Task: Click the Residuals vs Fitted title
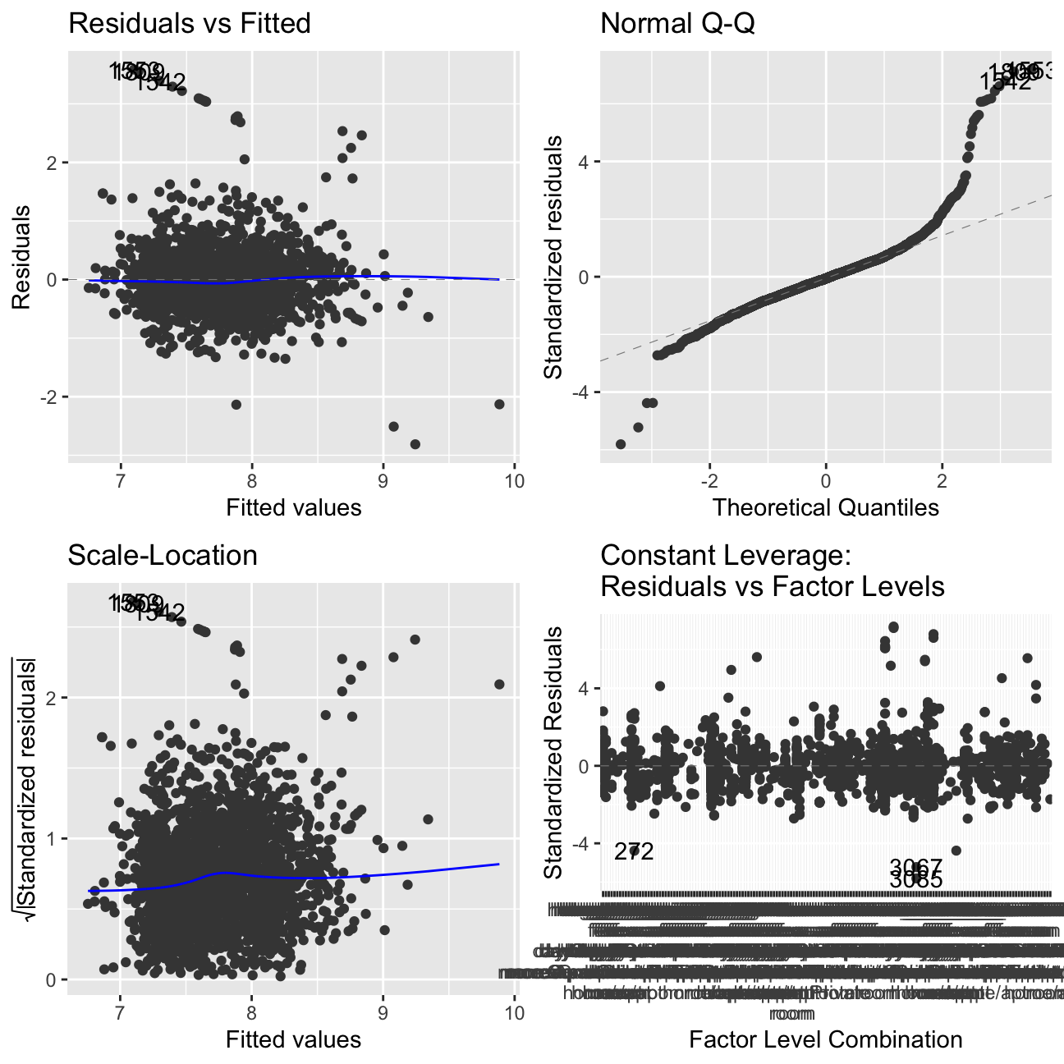click(x=190, y=24)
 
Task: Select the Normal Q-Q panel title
click(x=677, y=24)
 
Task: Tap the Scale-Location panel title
click(x=163, y=556)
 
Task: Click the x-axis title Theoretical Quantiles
click(x=825, y=507)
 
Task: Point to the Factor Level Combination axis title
click(x=825, y=1040)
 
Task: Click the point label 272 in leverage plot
click(x=635, y=852)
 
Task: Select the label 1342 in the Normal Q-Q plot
click(x=1005, y=82)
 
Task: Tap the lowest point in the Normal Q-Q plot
click(x=621, y=444)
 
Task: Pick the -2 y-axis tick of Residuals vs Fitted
click(x=51, y=397)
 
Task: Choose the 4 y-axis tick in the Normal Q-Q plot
click(x=585, y=162)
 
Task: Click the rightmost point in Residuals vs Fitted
click(x=499, y=404)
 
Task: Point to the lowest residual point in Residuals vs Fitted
click(x=415, y=444)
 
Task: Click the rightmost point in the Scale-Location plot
click(x=499, y=685)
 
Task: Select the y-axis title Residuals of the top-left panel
click(x=21, y=257)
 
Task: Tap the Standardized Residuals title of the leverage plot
click(x=555, y=752)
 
